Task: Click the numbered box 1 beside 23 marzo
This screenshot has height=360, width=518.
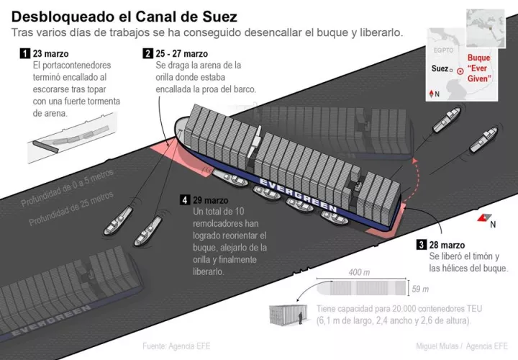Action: point(25,53)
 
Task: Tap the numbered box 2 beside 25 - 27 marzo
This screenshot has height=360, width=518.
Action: point(147,53)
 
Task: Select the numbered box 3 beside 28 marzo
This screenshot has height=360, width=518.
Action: point(421,245)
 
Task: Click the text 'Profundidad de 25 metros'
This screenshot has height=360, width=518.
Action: point(71,208)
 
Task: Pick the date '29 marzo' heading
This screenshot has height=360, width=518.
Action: point(210,199)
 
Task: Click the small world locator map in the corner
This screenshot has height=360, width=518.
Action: point(486,28)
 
